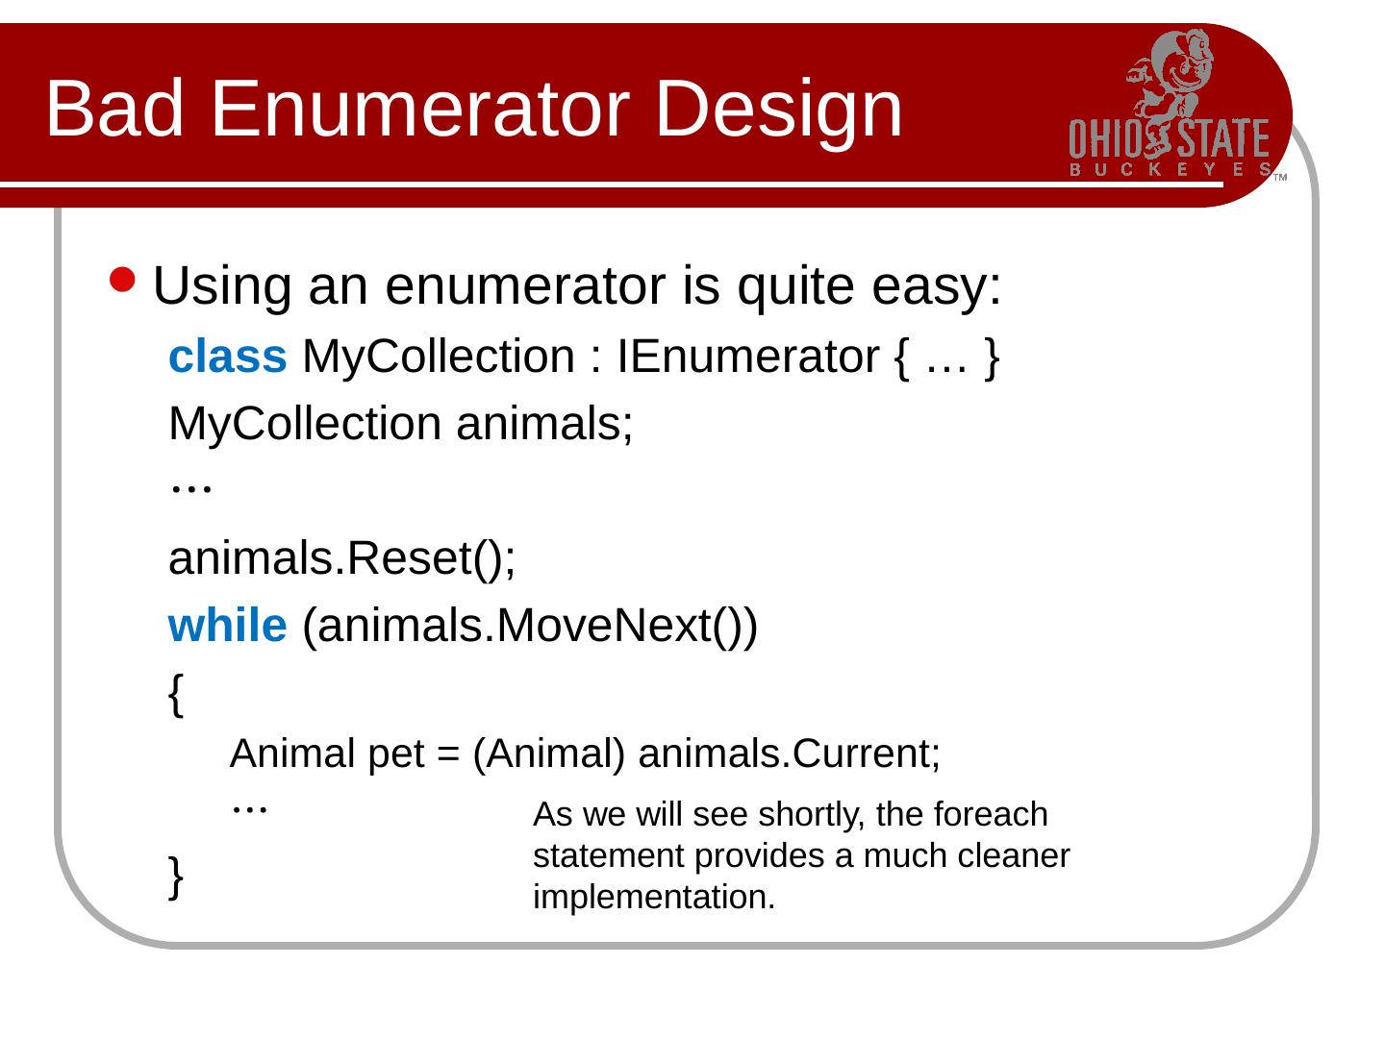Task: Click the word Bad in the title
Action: click(114, 108)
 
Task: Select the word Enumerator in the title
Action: click(420, 108)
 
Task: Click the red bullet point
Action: click(122, 280)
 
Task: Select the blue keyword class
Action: click(227, 357)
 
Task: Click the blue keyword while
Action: click(227, 626)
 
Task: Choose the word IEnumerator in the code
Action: click(747, 357)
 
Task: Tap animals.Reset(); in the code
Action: click(341, 559)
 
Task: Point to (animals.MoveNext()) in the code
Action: click(529, 627)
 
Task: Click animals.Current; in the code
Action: click(789, 754)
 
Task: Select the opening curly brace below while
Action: click(176, 695)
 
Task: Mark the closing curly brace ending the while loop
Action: click(176, 877)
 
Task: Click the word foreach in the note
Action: click(990, 814)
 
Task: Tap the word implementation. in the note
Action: click(654, 898)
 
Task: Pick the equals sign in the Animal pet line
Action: click(447, 754)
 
